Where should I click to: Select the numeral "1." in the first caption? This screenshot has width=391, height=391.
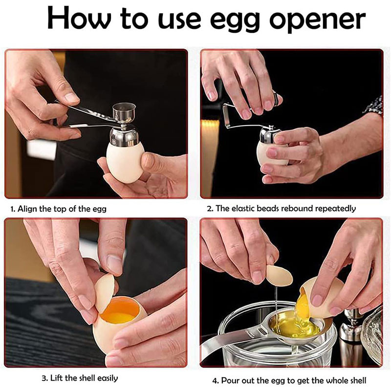(13, 209)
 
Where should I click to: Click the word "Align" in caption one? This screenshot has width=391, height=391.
(27, 209)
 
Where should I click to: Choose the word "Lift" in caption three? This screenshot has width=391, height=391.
(57, 378)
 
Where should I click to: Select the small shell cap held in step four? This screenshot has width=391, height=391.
(279, 275)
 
